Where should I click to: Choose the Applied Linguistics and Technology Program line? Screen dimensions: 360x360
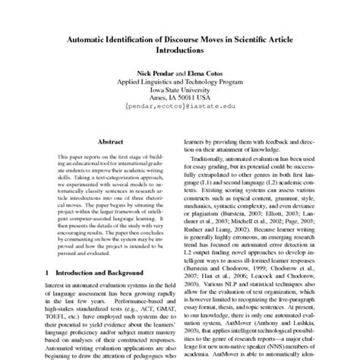coord(179,79)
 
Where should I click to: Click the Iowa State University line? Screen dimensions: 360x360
coord(179,88)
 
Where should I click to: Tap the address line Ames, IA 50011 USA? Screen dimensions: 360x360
coord(179,97)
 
